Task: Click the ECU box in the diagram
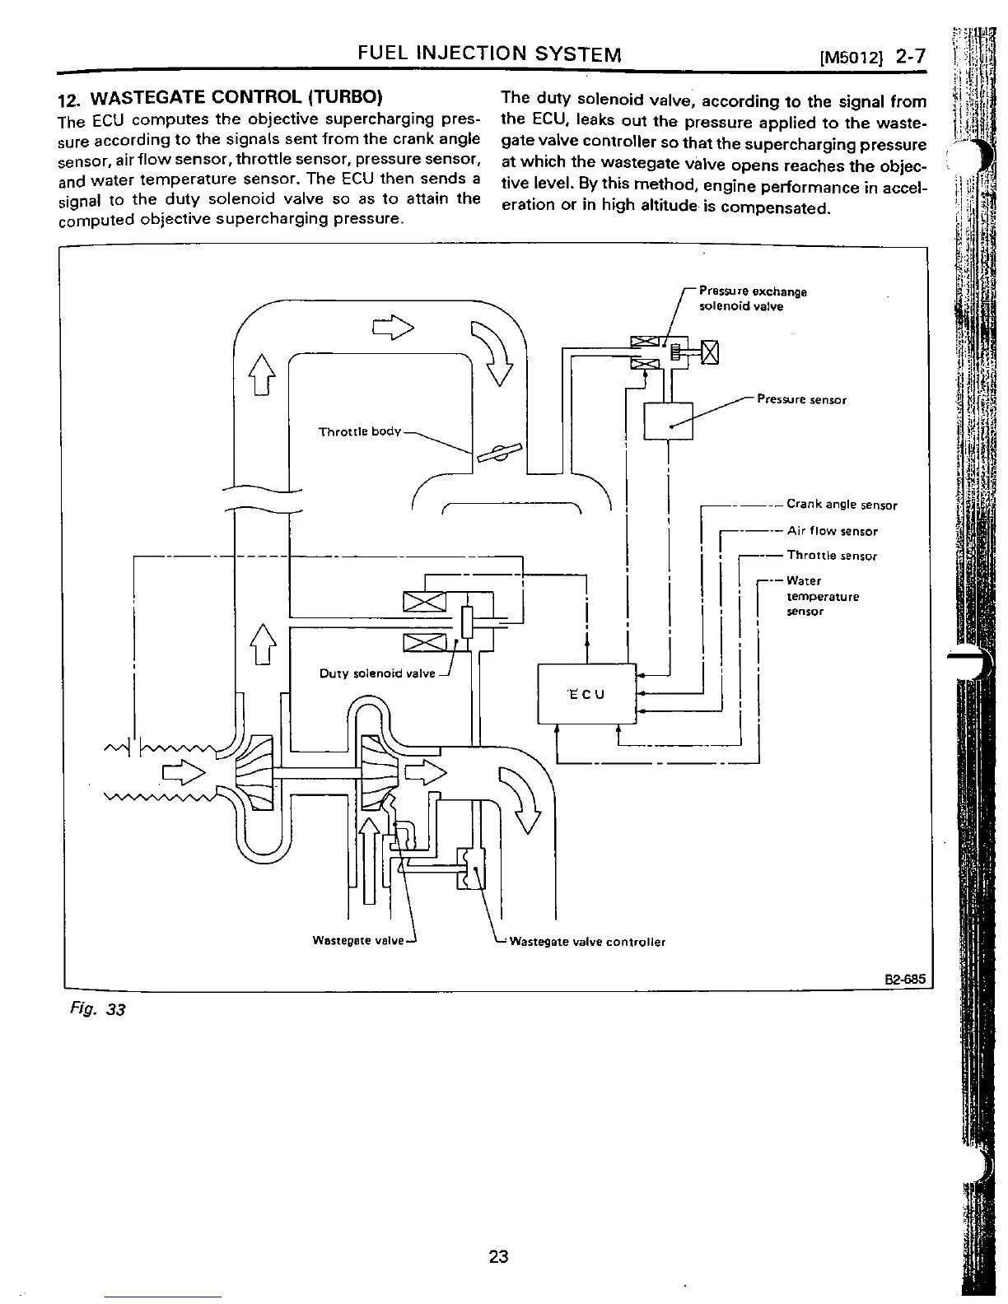click(x=586, y=694)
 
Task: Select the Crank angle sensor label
click(x=842, y=505)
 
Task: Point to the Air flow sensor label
click(x=832, y=531)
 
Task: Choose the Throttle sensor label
click(x=832, y=556)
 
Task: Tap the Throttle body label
click(x=360, y=431)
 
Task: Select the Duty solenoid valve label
click(x=376, y=673)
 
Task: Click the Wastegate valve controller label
click(x=587, y=942)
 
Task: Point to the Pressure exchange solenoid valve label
click(x=752, y=299)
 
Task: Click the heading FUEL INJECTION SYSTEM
click(x=489, y=55)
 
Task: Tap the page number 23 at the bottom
click(x=498, y=1256)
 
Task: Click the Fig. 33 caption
click(x=97, y=1008)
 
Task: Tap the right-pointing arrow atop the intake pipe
click(x=394, y=328)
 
